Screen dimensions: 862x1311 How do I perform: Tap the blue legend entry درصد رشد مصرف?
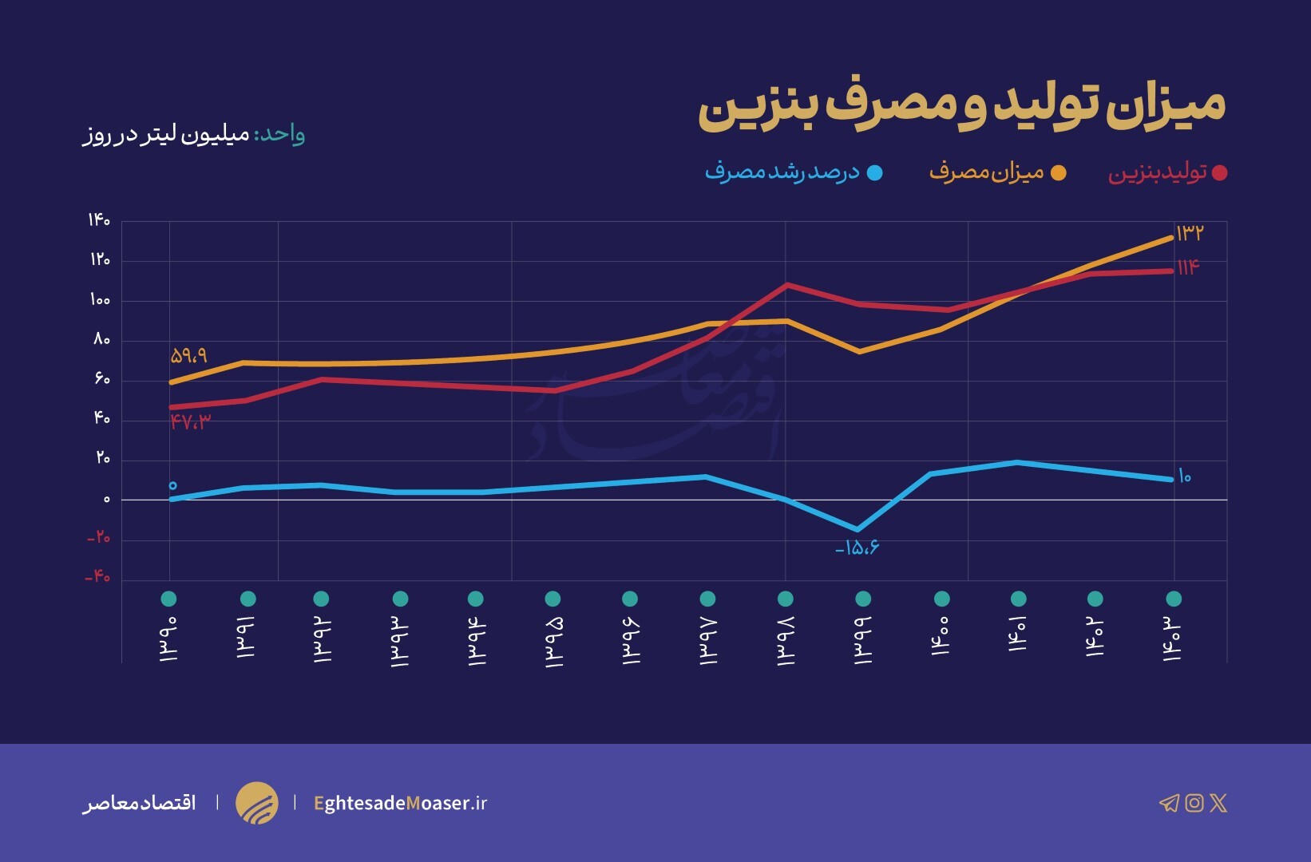[782, 172]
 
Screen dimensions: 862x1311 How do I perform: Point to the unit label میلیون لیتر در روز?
[167, 134]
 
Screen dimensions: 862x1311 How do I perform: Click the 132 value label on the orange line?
[1189, 232]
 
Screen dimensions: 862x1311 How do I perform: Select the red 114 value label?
[1188, 267]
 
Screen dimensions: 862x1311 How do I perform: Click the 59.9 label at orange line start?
[188, 355]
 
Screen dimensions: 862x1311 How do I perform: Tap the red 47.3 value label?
[190, 422]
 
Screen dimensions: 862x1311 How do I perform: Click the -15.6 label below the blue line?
[857, 548]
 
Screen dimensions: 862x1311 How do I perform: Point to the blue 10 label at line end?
[1184, 476]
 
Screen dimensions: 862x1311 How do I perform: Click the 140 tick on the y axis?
[99, 219]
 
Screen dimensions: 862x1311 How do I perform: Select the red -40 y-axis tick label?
[97, 576]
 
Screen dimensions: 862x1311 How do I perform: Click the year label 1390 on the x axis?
[168, 639]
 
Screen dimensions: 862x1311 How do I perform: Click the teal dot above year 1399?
[863, 599]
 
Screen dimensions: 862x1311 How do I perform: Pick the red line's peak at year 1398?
[787, 284]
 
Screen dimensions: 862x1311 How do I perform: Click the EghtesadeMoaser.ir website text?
[400, 803]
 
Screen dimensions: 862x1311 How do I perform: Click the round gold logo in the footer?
[257, 803]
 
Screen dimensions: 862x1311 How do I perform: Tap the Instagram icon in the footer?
[1194, 803]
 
